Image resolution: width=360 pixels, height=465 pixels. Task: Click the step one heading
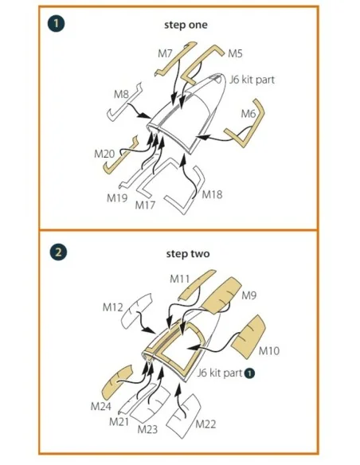click(x=186, y=25)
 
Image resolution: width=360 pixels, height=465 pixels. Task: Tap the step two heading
click(x=188, y=254)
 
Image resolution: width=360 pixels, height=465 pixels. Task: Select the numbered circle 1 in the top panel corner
click(x=56, y=23)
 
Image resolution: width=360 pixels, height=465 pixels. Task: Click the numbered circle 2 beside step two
click(x=58, y=252)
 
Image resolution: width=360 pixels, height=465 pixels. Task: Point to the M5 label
click(x=235, y=53)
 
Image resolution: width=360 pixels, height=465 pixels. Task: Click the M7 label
click(x=165, y=53)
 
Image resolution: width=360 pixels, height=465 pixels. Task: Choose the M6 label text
click(x=248, y=113)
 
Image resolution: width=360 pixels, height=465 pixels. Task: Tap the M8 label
click(x=122, y=94)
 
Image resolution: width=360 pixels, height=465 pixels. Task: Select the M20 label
click(x=104, y=154)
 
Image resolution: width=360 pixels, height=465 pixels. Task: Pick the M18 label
click(x=212, y=195)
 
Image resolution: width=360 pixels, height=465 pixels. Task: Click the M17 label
click(x=145, y=205)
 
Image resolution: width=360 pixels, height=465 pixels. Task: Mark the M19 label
click(x=117, y=197)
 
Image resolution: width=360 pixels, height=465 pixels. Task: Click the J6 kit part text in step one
click(x=252, y=80)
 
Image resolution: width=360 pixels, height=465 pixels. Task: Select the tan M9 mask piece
click(x=222, y=295)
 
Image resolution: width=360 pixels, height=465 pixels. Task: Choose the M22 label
click(x=205, y=424)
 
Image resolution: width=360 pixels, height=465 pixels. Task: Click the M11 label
click(x=179, y=279)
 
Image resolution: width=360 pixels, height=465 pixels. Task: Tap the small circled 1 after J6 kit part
click(x=249, y=373)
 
